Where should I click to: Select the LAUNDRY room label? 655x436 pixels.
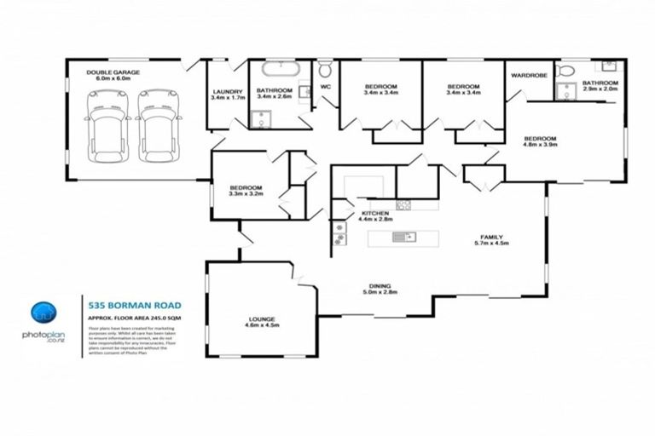pos(228,91)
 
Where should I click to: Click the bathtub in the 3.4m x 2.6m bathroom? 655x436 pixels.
pos(275,69)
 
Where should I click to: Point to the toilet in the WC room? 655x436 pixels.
pos(325,69)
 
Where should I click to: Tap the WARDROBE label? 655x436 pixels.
pos(529,76)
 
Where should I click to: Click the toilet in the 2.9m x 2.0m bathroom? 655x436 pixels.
pos(564,71)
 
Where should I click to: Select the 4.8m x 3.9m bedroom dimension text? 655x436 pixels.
pos(541,145)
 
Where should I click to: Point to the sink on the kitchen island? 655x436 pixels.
pos(403,238)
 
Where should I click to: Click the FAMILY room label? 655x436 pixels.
pos(490,237)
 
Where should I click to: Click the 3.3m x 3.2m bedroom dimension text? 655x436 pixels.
pos(245,194)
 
